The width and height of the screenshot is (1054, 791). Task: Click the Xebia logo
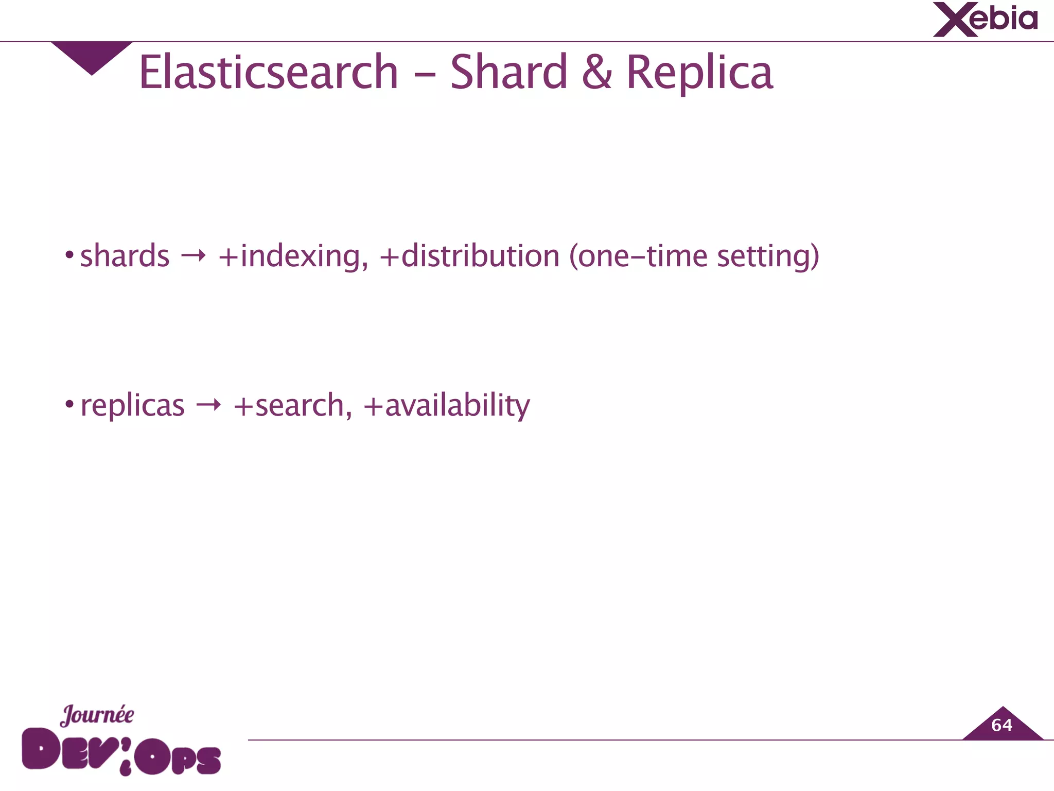(985, 20)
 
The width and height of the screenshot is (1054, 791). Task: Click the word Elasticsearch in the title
(269, 73)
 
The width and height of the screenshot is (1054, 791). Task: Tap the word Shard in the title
(508, 73)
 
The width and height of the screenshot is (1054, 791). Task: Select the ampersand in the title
(597, 73)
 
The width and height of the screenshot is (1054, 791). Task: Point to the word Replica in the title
(699, 73)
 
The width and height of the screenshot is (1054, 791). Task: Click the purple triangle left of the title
(92, 56)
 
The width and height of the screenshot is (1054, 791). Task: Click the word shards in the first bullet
(125, 256)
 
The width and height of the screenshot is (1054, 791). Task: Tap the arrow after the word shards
(194, 255)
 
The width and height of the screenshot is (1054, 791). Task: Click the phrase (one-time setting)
(694, 256)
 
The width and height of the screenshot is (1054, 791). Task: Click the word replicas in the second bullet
(132, 405)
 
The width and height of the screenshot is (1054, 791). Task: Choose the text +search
(292, 405)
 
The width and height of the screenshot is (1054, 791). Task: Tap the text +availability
(446, 405)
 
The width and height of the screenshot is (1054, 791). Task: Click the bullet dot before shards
(69, 254)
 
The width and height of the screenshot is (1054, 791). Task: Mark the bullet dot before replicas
(69, 404)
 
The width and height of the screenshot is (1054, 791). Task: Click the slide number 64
(1002, 726)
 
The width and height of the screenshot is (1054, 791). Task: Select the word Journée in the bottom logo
(97, 715)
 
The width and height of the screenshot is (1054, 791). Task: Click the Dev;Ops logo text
(121, 751)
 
